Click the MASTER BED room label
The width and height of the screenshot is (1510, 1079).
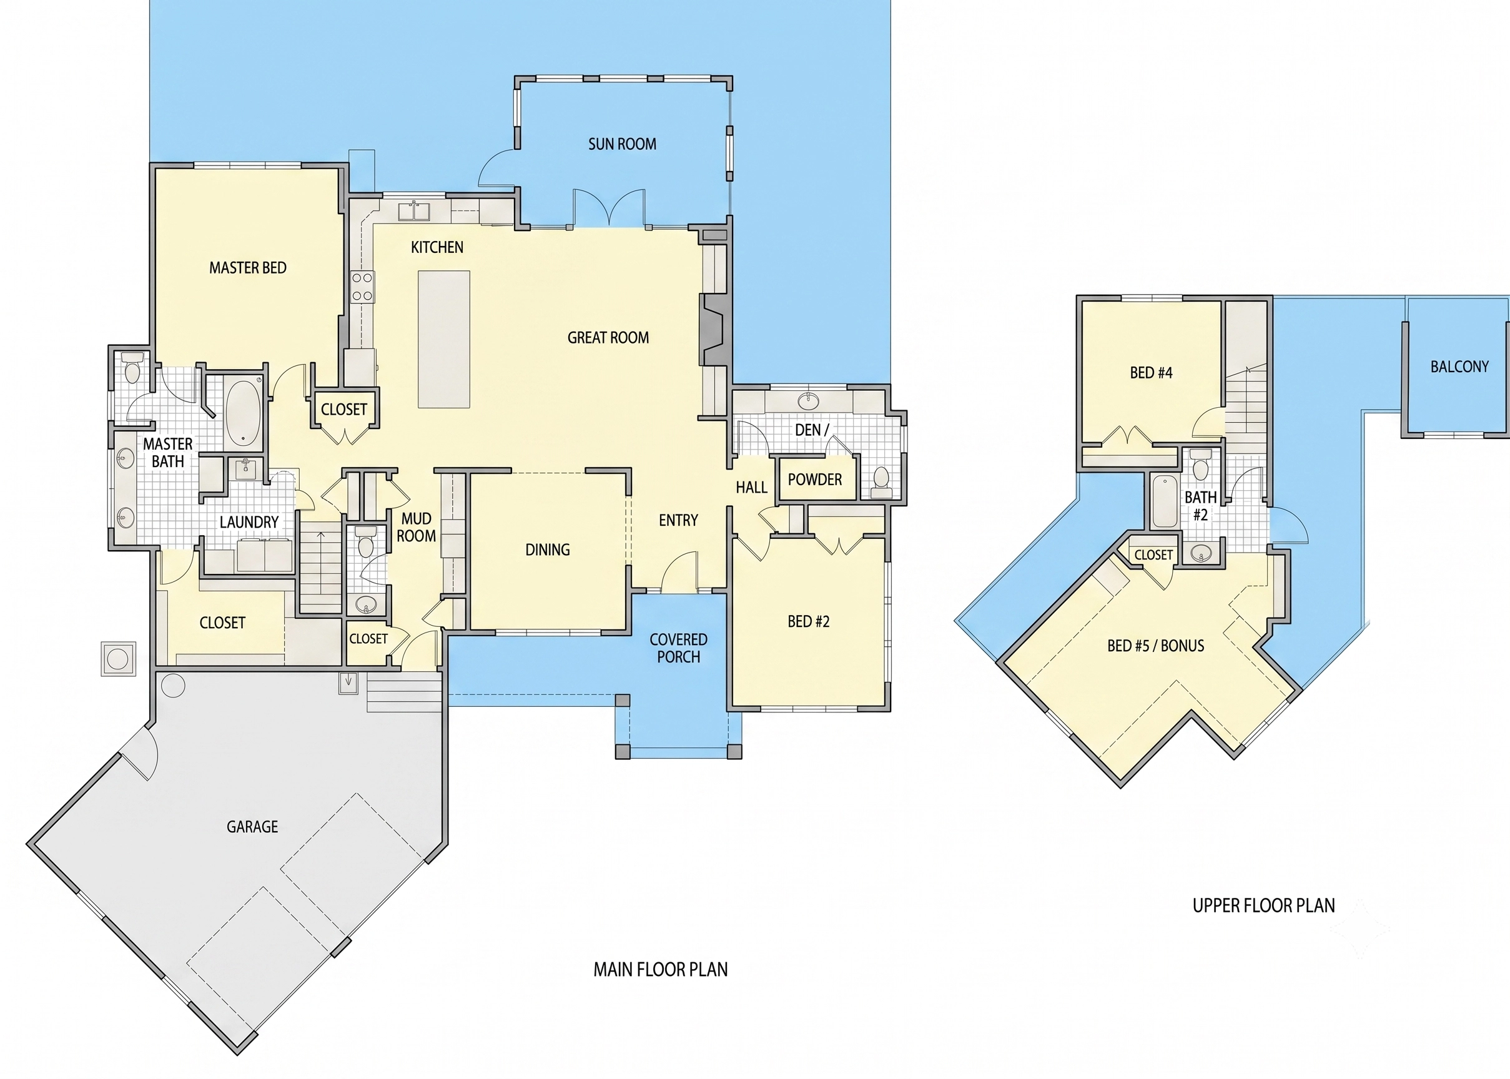click(x=248, y=268)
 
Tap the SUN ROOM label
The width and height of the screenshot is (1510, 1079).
click(x=622, y=144)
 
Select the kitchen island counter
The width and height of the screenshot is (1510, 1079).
click(x=444, y=339)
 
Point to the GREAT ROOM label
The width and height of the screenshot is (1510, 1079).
click(x=608, y=338)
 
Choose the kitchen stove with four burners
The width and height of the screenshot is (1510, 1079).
click(x=362, y=287)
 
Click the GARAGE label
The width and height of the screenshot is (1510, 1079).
click(x=252, y=827)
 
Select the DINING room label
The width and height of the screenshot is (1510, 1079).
click(x=548, y=549)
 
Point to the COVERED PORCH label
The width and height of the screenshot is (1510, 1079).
click(x=678, y=648)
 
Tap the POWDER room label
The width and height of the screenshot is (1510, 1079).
click(x=814, y=479)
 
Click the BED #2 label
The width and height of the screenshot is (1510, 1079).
click(x=809, y=621)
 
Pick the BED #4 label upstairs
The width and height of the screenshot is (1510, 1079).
click(x=1152, y=373)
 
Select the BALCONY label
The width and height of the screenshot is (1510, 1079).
click(x=1459, y=366)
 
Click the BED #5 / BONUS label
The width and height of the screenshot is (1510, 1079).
click(x=1156, y=645)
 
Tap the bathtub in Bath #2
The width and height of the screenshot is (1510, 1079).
click(x=1165, y=501)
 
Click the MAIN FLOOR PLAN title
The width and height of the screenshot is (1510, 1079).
click(x=660, y=969)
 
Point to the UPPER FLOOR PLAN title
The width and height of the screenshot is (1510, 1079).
click(x=1263, y=905)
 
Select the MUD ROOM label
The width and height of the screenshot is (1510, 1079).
click(x=417, y=527)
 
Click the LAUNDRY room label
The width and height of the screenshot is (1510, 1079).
click(x=249, y=522)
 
